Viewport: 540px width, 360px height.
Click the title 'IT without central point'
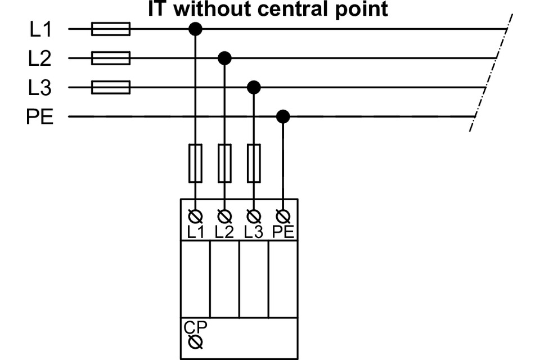tap(268, 9)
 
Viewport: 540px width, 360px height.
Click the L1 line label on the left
tap(40, 29)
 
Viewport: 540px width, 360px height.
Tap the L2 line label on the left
tap(40, 58)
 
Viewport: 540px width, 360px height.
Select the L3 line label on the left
tap(40, 88)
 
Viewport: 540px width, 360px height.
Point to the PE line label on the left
tap(40, 118)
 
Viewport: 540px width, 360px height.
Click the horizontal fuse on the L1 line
tap(111, 29)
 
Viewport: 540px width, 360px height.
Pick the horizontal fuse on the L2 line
tap(111, 58)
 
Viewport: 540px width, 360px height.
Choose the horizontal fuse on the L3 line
tap(111, 87)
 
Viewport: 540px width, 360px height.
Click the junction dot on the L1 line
tap(195, 29)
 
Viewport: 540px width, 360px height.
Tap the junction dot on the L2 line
tap(224, 58)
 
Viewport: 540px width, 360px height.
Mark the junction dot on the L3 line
tap(254, 87)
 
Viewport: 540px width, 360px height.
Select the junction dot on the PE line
tap(283, 117)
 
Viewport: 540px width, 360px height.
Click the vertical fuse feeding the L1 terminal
tap(195, 163)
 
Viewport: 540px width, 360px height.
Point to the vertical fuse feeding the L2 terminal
tap(224, 163)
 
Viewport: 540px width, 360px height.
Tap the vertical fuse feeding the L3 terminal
tap(254, 163)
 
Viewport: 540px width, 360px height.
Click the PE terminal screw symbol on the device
tap(283, 216)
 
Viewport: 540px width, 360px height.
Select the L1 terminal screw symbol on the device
tap(195, 216)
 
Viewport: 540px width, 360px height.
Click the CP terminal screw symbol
tap(195, 341)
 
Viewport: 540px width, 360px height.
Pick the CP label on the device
tap(195, 327)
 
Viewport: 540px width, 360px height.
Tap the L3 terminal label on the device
tap(254, 231)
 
